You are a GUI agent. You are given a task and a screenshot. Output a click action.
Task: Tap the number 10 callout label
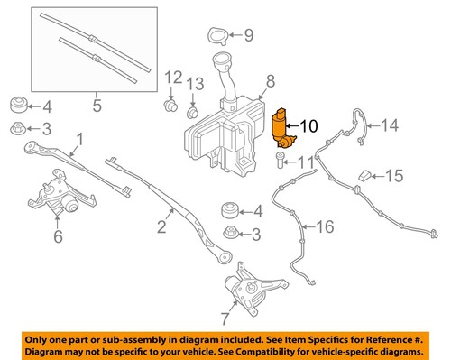tap(308, 127)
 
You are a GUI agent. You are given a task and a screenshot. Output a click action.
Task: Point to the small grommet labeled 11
tap(281, 160)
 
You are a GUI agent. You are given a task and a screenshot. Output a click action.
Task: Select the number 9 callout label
tap(250, 36)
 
